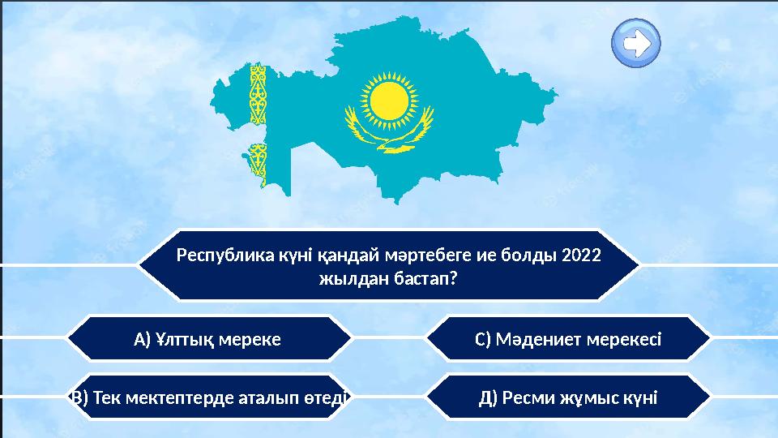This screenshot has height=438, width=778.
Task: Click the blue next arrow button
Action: click(x=637, y=43)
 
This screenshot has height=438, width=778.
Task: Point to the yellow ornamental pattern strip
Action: click(x=259, y=122)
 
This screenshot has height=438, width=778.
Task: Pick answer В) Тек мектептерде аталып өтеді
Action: click(x=209, y=397)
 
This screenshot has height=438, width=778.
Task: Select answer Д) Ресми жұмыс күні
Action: click(x=567, y=397)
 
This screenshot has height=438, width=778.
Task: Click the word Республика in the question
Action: click(x=215, y=255)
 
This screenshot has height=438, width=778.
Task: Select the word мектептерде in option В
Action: click(x=192, y=397)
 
